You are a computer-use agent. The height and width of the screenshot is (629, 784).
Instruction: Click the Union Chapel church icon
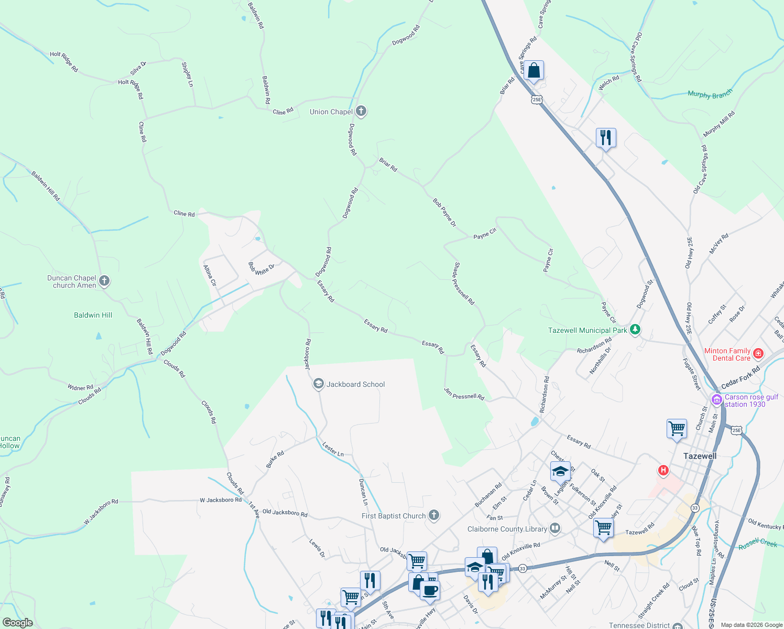pos(361,111)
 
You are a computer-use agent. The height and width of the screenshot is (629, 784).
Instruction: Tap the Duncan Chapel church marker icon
pos(104,281)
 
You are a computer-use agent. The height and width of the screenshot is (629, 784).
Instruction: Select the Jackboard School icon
pos(318,384)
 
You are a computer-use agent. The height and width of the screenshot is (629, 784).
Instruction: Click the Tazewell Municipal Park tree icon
pos(635,330)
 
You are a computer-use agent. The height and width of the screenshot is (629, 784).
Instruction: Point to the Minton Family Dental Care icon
pos(758,354)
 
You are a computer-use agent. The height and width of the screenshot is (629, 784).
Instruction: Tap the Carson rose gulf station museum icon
pos(716,400)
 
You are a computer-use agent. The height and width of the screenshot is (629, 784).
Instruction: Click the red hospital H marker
pos(663,470)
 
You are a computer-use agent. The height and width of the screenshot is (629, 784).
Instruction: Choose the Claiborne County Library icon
pos(555,528)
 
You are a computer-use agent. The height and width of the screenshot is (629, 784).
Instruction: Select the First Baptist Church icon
pos(434,515)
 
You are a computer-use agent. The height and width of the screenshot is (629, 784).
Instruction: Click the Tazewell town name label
pos(700,456)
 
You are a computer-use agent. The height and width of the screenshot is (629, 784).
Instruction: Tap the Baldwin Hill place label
pos(93,315)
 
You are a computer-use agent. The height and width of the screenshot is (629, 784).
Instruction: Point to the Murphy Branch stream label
pos(710,94)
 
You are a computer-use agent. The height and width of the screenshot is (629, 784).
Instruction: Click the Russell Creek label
pos(758,544)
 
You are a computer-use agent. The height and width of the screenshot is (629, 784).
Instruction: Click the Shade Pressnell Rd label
pos(464,284)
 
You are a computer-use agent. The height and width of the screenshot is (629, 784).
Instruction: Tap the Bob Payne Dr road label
pos(444,212)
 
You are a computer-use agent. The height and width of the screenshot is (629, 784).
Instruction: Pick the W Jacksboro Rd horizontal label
pos(221,500)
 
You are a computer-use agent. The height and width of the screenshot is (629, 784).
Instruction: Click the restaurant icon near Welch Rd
pos(606,138)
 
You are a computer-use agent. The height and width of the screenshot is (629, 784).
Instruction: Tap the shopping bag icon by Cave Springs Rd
pos(533,70)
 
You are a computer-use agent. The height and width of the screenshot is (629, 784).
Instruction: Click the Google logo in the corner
pos(18,623)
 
